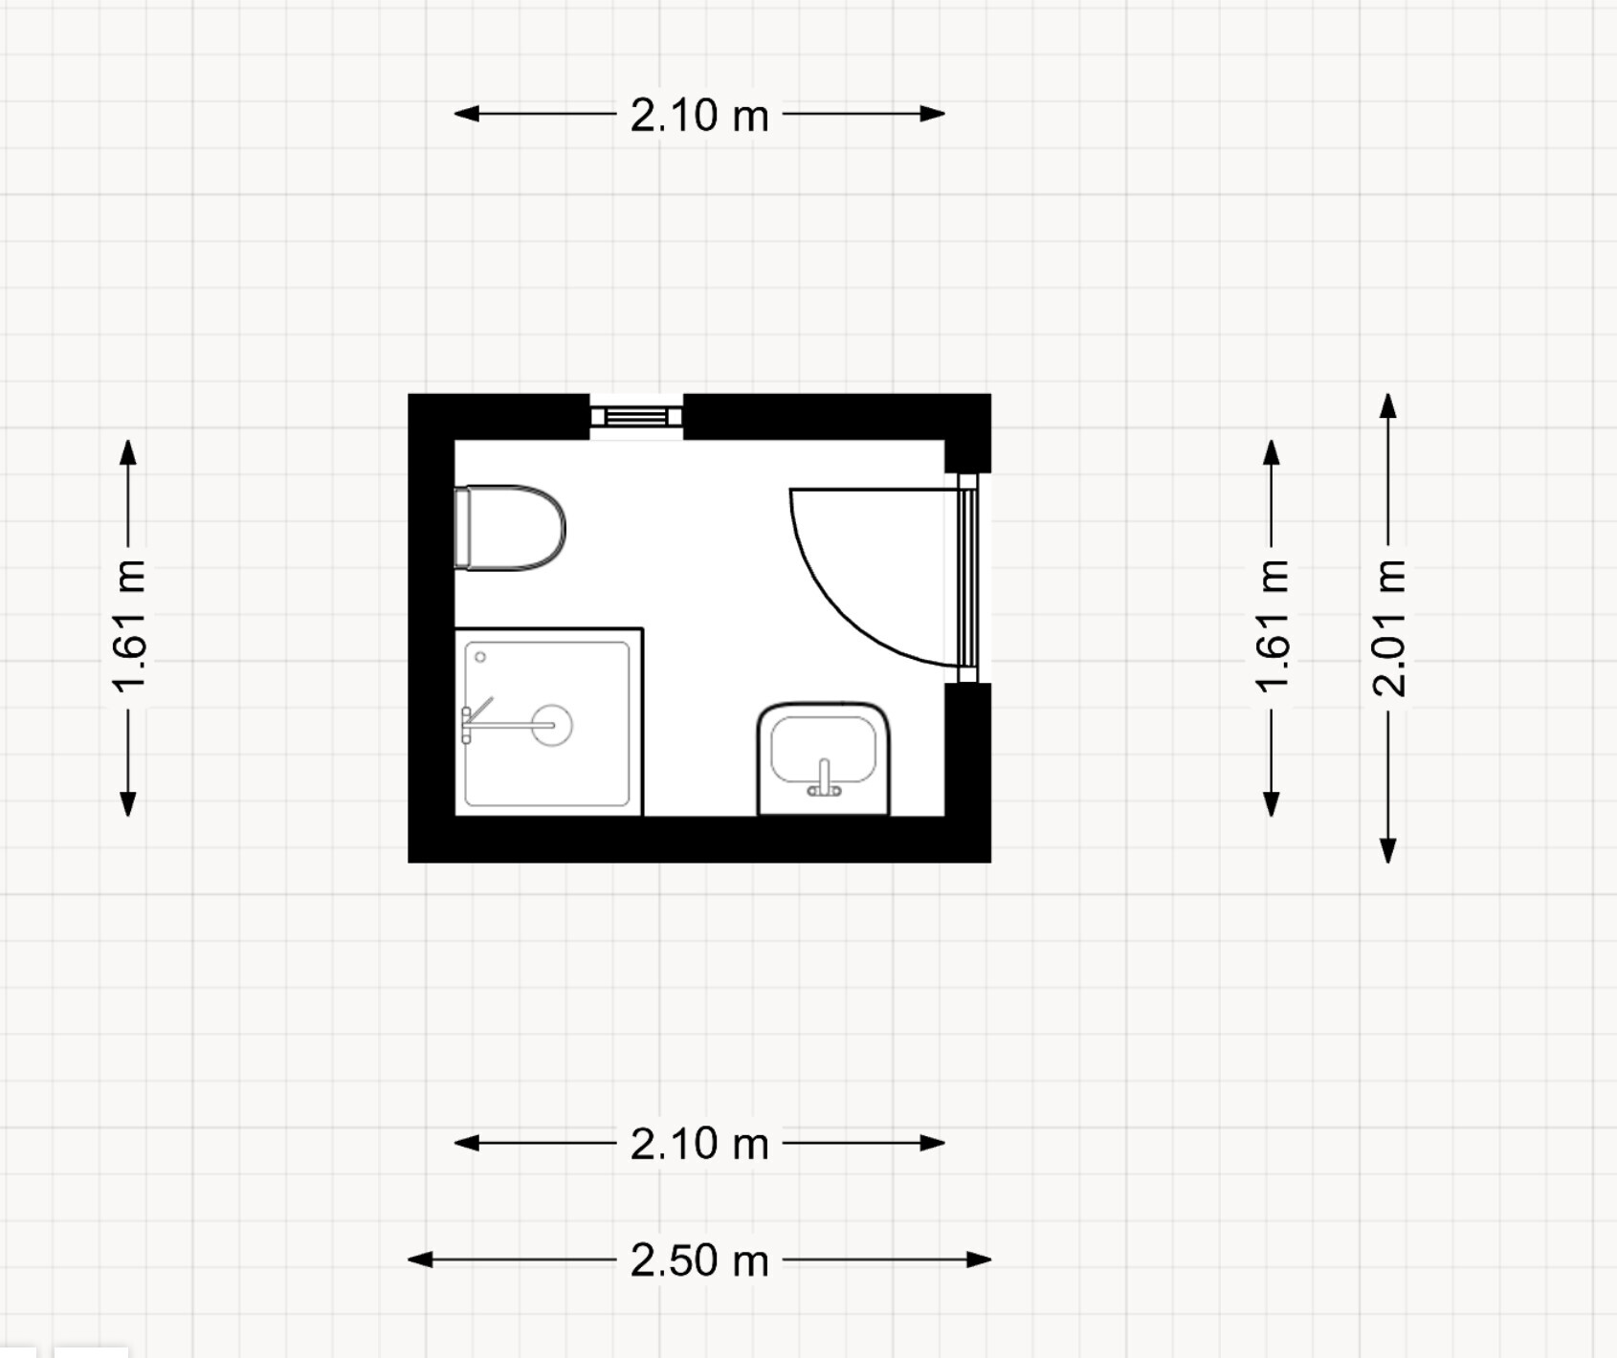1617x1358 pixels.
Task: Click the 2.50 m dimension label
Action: tap(699, 1260)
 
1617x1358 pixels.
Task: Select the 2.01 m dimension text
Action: tap(1389, 627)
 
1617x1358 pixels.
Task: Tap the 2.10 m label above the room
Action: tap(699, 115)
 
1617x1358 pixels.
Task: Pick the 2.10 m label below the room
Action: tap(699, 1144)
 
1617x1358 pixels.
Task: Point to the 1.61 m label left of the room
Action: tap(129, 627)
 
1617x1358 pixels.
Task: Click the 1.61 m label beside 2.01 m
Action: tap(1273, 627)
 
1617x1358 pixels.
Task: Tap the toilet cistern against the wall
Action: tap(461, 528)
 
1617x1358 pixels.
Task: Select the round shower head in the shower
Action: tap(552, 725)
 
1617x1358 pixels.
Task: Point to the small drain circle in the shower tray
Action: tap(480, 657)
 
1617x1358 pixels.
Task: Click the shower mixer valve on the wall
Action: tap(466, 725)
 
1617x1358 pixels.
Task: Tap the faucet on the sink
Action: tap(824, 778)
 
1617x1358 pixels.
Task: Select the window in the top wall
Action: tap(636, 417)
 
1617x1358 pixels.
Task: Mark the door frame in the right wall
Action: tap(967, 578)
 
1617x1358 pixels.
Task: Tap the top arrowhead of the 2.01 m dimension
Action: tap(1388, 405)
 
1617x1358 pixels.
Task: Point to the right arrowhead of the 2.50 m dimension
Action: tap(979, 1259)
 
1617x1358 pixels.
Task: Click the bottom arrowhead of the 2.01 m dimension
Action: tap(1388, 850)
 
